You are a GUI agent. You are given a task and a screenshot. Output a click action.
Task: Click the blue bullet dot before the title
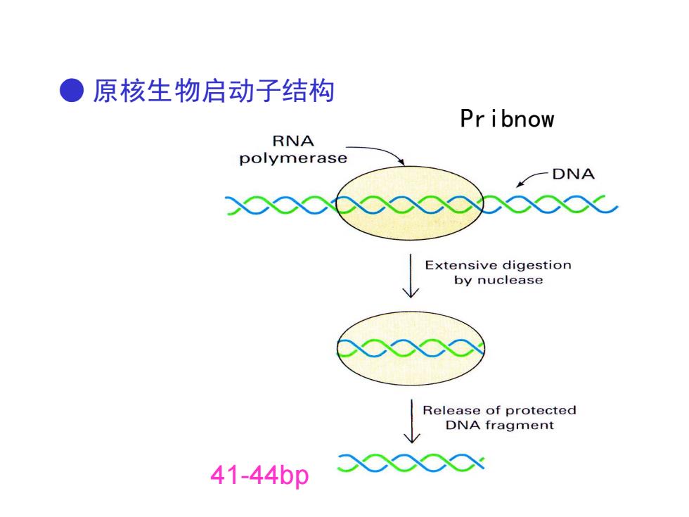72,90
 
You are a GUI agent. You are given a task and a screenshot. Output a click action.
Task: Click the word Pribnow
507,119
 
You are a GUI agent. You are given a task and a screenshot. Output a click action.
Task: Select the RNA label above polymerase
293,141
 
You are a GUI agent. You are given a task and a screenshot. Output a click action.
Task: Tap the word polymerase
293,158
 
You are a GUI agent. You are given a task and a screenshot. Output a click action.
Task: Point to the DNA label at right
574,174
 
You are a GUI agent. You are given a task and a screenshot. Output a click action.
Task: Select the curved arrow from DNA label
531,177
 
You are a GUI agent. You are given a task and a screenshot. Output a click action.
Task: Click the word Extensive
460,265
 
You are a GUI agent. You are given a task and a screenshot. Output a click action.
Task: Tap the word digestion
536,265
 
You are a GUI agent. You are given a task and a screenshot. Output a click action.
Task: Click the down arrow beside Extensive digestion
411,276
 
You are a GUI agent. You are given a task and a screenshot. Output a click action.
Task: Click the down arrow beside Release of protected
412,421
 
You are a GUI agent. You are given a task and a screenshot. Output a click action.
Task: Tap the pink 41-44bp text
259,475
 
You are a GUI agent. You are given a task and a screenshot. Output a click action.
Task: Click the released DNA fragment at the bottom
411,463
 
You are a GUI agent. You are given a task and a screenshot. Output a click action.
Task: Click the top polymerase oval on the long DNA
409,203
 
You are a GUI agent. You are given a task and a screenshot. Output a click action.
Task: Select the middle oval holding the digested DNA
411,349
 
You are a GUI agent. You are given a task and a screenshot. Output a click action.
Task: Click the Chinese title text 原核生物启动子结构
214,91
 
